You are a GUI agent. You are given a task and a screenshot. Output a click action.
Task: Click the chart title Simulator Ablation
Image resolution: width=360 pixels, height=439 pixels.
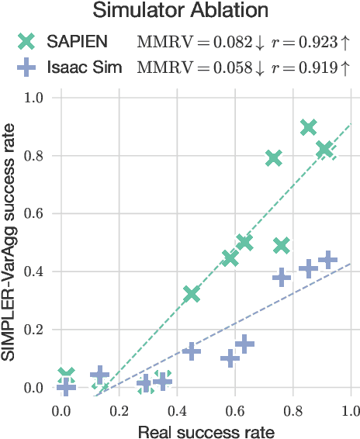(x=182, y=11)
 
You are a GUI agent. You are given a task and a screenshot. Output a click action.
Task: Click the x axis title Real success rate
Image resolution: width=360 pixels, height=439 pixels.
(x=206, y=429)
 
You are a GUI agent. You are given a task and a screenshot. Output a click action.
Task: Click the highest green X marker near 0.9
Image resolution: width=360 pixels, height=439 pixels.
(x=308, y=127)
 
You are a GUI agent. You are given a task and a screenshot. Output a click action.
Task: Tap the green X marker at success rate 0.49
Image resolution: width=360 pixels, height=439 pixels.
(x=281, y=246)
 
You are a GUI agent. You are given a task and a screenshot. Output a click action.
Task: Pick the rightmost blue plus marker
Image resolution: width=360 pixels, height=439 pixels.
(x=327, y=260)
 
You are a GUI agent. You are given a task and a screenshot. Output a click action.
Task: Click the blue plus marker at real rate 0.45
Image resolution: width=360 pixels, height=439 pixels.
(x=191, y=351)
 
